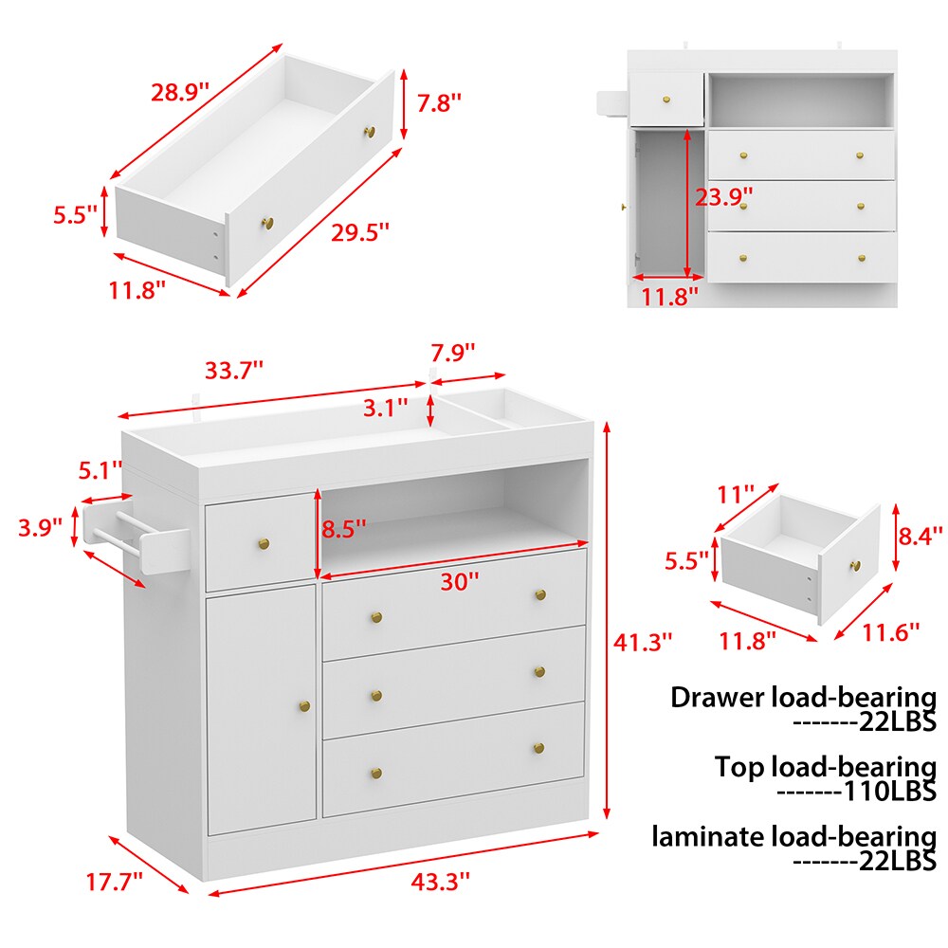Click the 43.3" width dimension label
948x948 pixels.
coord(440,882)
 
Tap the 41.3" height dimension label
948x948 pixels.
coord(643,642)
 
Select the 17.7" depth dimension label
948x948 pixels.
coord(115,882)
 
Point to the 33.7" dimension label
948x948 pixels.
coord(234,370)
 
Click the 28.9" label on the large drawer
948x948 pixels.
coord(179,93)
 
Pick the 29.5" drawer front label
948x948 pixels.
coord(359,232)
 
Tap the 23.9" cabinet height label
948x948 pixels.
coord(723,197)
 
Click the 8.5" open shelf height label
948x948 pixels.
coord(343,529)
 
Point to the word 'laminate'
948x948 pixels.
coord(708,837)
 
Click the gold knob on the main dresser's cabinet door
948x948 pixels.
coord(304,705)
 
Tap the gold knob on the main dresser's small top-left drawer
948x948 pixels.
coord(264,543)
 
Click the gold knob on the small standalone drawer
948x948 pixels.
coord(855,566)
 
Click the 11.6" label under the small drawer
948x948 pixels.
coord(890,632)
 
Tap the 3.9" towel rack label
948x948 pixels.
coord(40,527)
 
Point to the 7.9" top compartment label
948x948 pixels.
coord(453,352)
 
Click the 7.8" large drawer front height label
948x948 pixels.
coord(439,102)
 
